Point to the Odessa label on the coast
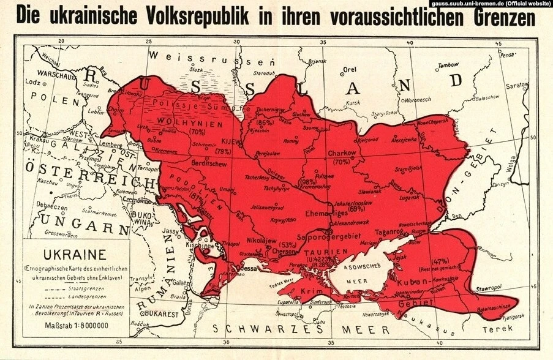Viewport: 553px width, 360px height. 248,267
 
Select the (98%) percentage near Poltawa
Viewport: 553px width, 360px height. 309,182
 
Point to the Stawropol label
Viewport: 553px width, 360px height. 492,286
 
